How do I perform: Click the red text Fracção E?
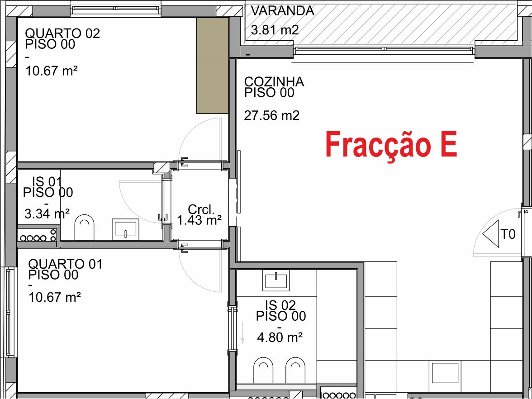[x=391, y=145]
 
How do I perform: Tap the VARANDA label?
[x=282, y=11]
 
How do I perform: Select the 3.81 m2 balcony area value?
[x=275, y=30]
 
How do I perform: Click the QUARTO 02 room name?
[x=62, y=33]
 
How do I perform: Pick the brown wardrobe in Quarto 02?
[x=212, y=66]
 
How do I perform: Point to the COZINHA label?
[x=274, y=82]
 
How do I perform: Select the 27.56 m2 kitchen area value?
[x=272, y=116]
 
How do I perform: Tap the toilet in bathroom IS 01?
[x=84, y=228]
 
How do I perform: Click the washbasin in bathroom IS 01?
[x=125, y=228]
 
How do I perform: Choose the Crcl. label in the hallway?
[x=200, y=209]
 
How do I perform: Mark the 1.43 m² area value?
[x=199, y=220]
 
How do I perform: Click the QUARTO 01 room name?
[x=65, y=264]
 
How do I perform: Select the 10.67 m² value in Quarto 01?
[x=55, y=297]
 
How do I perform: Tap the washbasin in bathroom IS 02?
[x=276, y=281]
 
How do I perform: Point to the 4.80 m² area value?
[x=280, y=337]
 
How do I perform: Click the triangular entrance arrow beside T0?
[x=491, y=234]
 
